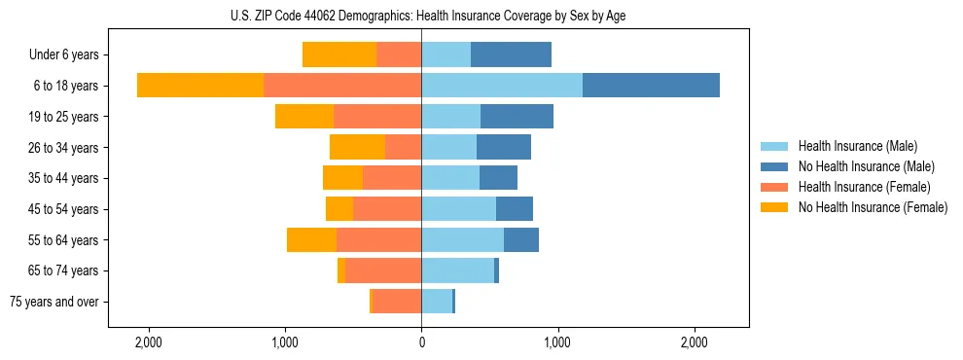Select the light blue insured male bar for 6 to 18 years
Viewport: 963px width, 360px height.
(502, 86)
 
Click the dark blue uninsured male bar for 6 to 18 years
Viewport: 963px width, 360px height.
(651, 86)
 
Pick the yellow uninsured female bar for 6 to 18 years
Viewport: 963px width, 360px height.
(200, 86)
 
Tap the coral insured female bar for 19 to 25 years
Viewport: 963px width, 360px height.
(377, 117)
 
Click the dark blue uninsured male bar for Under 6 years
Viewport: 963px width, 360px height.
(511, 54)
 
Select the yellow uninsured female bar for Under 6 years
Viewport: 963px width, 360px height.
(339, 54)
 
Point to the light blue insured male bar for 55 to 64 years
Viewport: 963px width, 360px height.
(462, 240)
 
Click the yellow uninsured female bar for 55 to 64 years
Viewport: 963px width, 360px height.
(311, 240)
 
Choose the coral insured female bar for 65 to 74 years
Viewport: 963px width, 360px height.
(383, 270)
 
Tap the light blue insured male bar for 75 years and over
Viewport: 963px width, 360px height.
(437, 302)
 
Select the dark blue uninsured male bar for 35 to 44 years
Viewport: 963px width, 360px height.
(498, 178)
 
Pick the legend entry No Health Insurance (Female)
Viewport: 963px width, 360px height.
(872, 207)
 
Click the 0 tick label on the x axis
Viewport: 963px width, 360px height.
(421, 342)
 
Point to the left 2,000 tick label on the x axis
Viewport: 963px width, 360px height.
(149, 342)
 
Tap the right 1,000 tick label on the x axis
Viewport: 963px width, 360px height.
(557, 342)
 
